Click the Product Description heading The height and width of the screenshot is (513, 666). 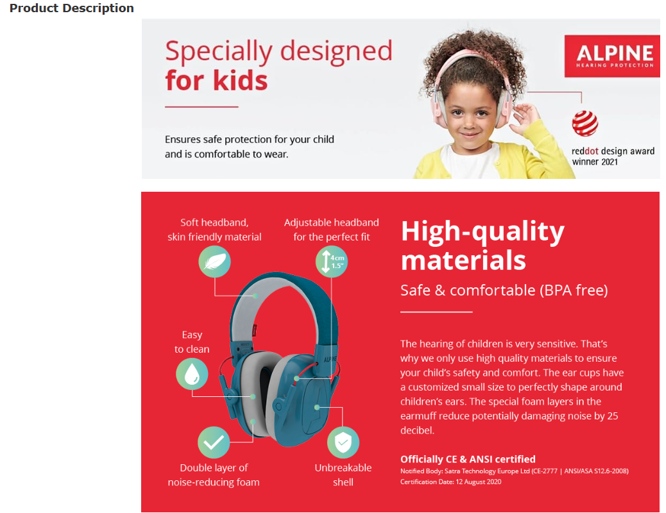coord(71,8)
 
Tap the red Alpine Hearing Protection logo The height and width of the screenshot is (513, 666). coord(612,56)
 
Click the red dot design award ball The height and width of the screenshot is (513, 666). coord(585,124)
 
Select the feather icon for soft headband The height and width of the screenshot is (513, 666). coord(214,262)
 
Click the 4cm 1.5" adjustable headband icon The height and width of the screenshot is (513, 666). coord(331,262)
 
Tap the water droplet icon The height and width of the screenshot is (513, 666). coord(192,374)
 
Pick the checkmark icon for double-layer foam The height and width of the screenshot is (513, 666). coord(214,442)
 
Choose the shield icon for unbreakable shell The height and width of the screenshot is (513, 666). coord(343,442)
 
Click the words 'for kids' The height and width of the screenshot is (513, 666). coord(216,80)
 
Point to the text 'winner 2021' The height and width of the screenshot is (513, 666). coord(595,162)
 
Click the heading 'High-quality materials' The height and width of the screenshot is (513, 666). coord(482,246)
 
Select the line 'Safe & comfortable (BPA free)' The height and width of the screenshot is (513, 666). coord(504,290)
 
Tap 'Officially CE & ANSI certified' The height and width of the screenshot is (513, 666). coord(468,459)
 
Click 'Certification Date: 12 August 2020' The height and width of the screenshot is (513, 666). coord(450,482)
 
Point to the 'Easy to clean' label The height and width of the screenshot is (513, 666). coord(192,342)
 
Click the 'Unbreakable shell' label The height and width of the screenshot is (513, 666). coord(343,475)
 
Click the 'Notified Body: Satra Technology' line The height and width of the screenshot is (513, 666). coord(515,471)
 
